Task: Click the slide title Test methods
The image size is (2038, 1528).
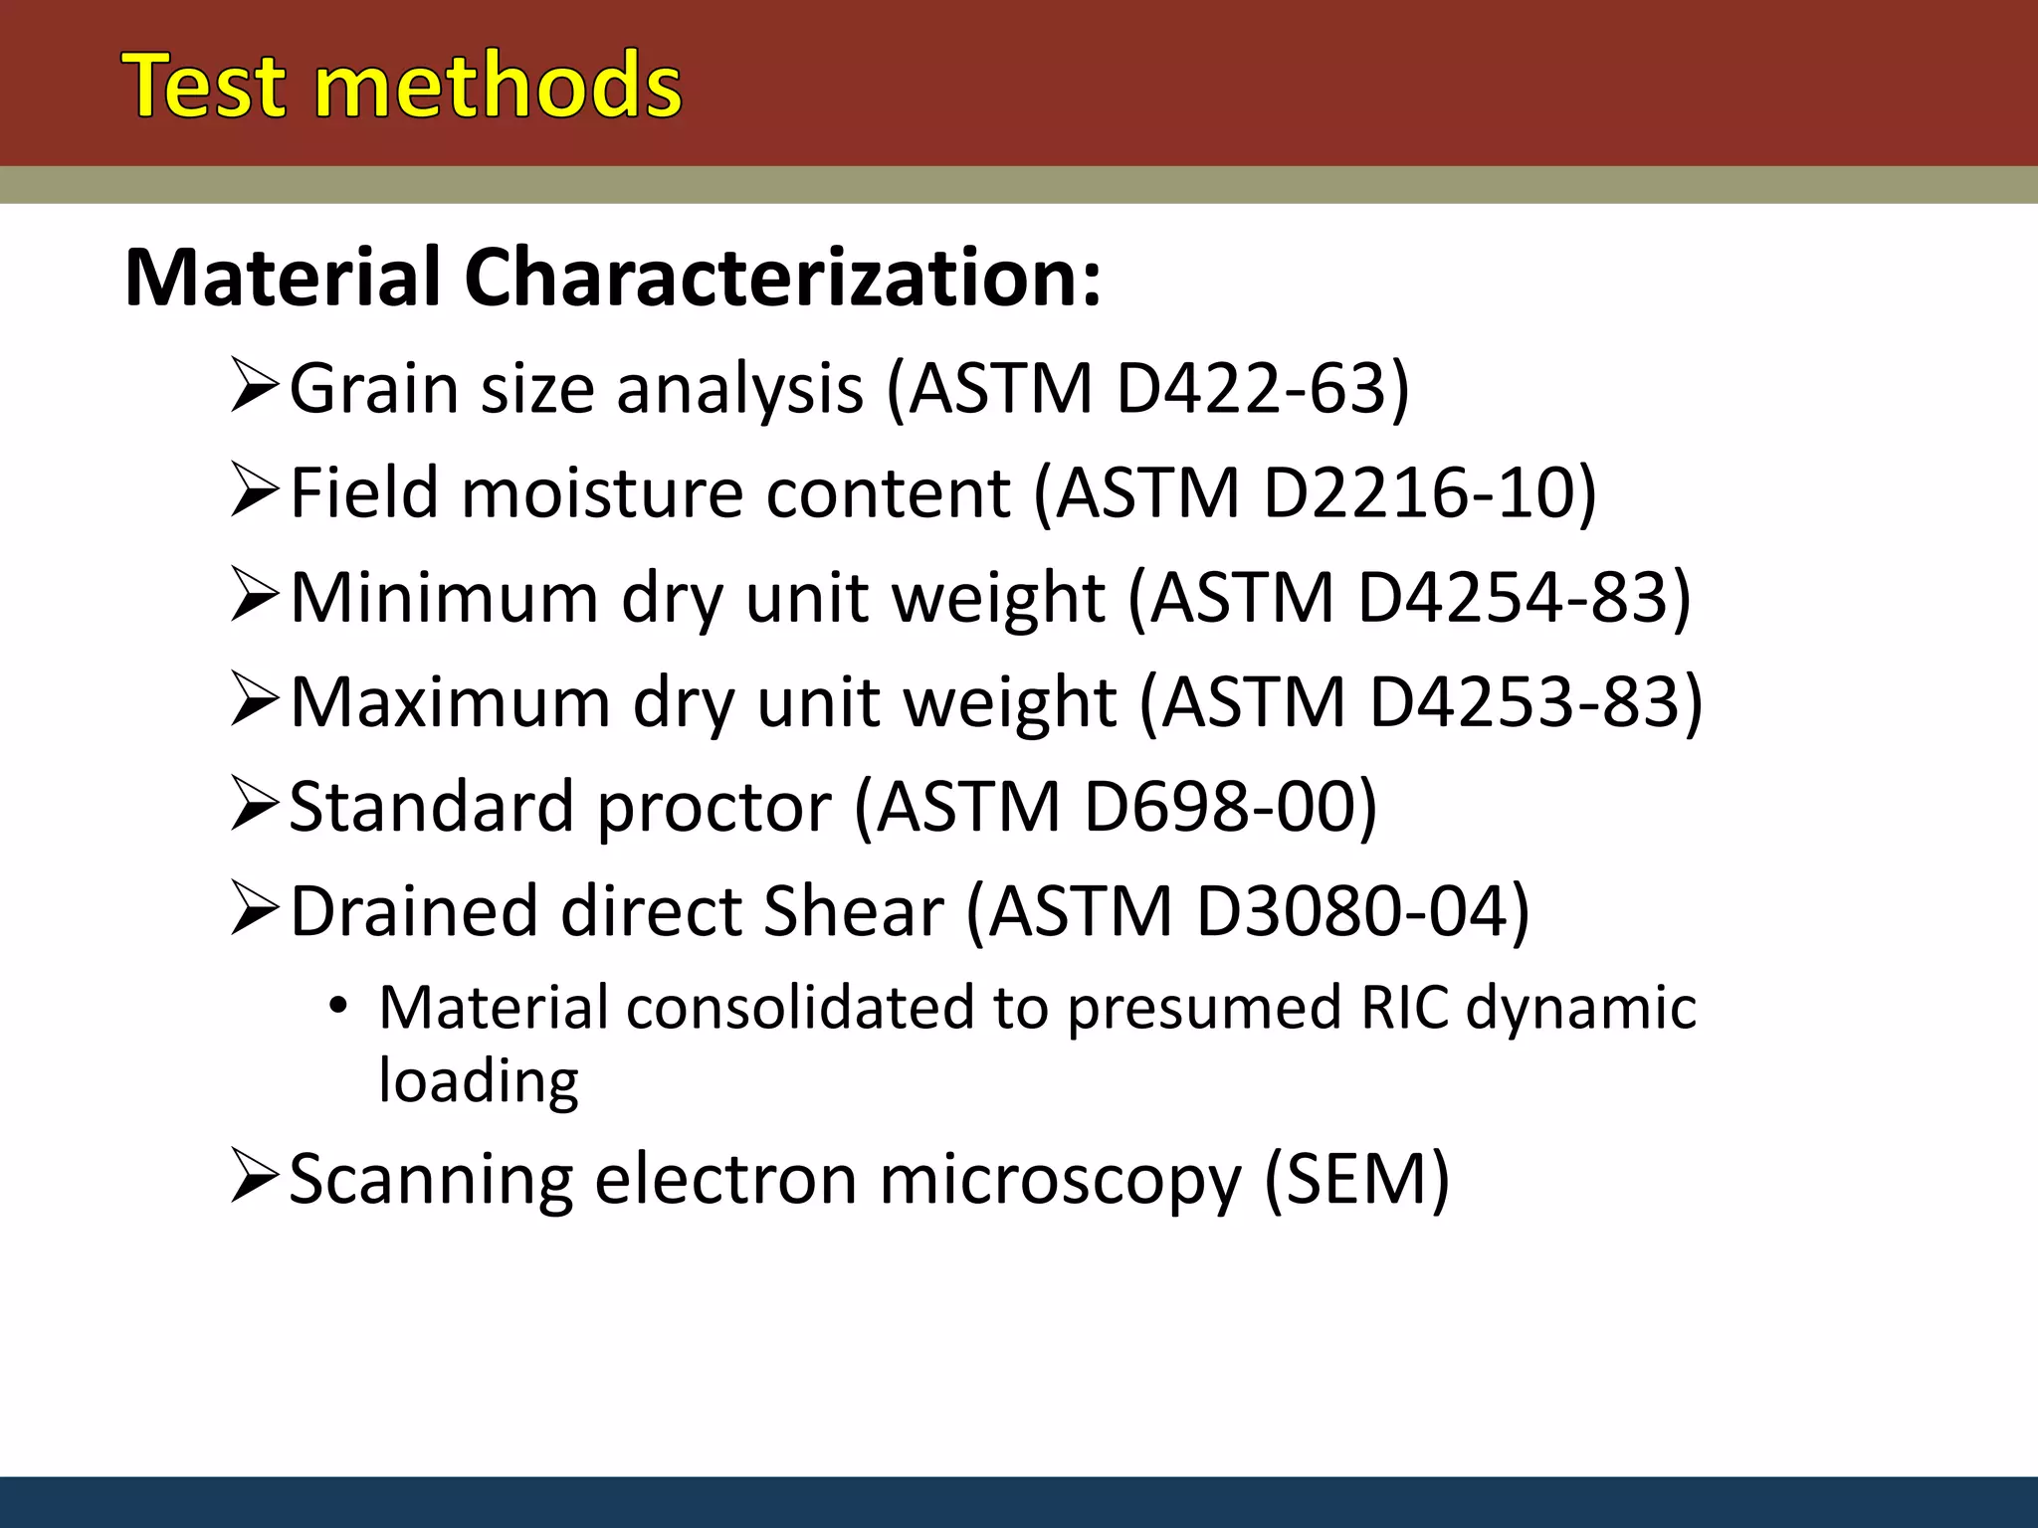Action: (x=402, y=87)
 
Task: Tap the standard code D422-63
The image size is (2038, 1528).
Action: (x=1250, y=388)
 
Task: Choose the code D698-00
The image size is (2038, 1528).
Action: (x=1218, y=807)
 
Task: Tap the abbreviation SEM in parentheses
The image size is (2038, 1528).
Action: (x=1356, y=1180)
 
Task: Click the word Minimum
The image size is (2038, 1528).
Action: (x=444, y=598)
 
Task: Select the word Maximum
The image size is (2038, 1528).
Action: (x=450, y=702)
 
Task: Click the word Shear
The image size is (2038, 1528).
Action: (x=852, y=911)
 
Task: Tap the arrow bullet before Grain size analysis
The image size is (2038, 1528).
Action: (x=253, y=388)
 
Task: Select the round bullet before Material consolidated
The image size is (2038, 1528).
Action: (x=338, y=1007)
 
